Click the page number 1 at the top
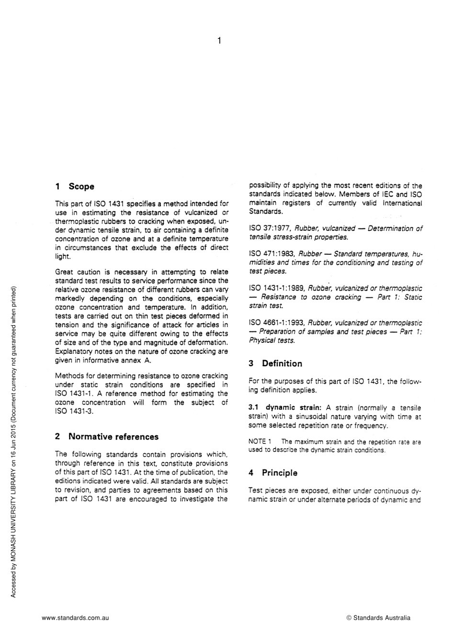pyautogui.click(x=219, y=41)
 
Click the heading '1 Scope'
pyautogui.click(x=75, y=187)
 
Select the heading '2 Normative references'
pyautogui.click(x=106, y=437)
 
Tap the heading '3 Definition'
pyautogui.click(x=275, y=363)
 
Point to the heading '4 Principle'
pyautogui.click(x=273, y=473)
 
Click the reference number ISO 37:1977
pyautogui.click(x=269, y=228)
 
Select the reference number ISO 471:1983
pyautogui.click(x=272, y=254)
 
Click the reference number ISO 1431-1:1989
pyautogui.click(x=276, y=288)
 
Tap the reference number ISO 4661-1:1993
pyautogui.click(x=276, y=323)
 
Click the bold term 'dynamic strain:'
pyautogui.click(x=292, y=408)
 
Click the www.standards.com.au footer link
pyautogui.click(x=75, y=618)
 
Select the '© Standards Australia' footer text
pyautogui.click(x=378, y=618)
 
